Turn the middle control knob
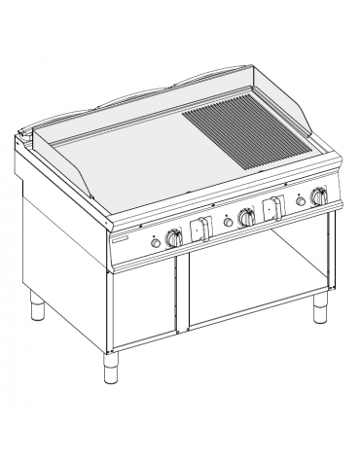247,219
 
